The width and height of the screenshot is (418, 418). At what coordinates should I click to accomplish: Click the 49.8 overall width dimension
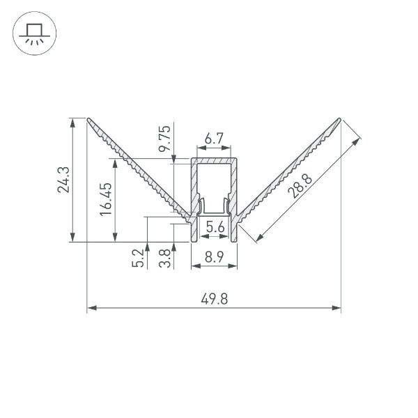click(x=215, y=299)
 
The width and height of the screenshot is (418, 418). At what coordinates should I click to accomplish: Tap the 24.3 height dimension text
click(x=63, y=180)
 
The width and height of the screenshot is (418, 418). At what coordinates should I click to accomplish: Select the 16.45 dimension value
click(x=106, y=199)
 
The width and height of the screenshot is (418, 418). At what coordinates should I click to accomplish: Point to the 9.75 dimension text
click(x=164, y=139)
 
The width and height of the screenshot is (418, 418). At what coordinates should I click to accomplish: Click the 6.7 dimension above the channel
click(x=214, y=139)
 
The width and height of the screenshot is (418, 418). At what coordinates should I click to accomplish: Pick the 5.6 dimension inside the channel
click(x=215, y=227)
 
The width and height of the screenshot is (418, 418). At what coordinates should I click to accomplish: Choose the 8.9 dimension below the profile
click(x=215, y=257)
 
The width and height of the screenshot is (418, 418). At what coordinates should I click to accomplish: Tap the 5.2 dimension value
click(x=138, y=258)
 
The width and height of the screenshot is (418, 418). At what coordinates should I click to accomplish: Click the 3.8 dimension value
click(x=164, y=258)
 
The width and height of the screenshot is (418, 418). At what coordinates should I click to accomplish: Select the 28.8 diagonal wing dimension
click(x=300, y=186)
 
